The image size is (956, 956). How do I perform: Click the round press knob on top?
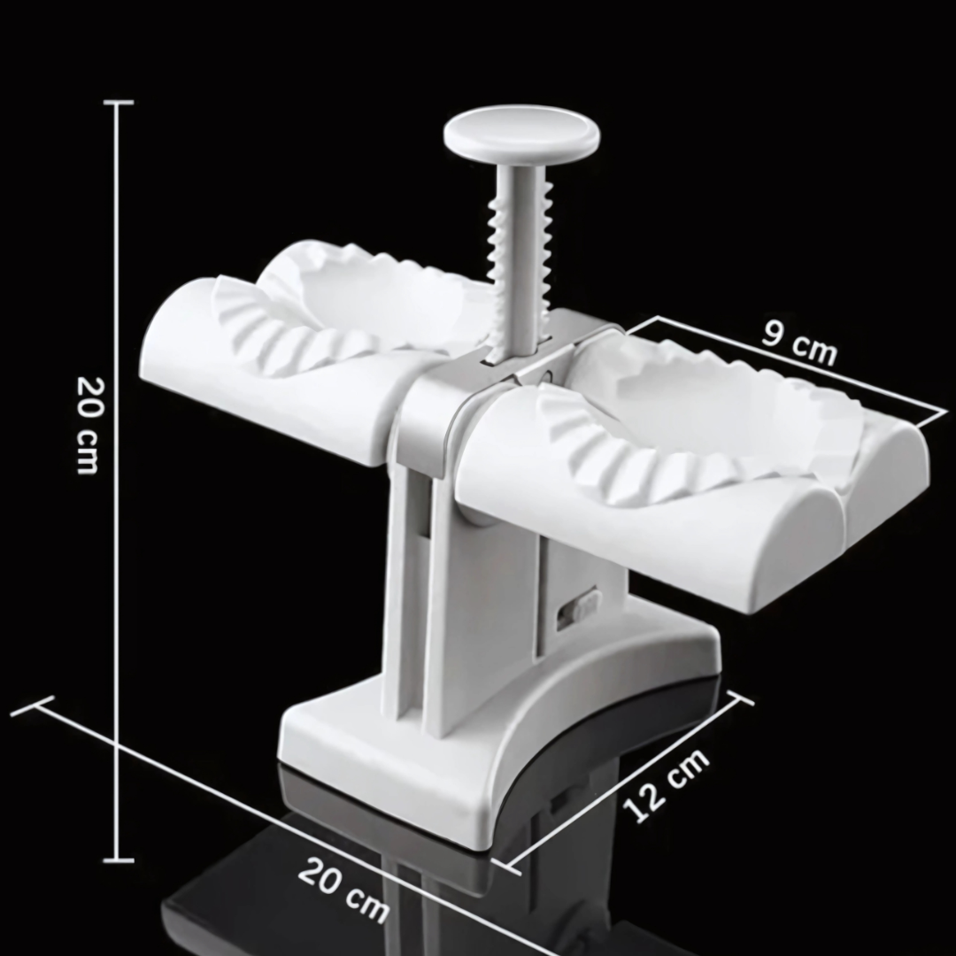[521, 135]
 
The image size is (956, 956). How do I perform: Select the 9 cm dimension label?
[800, 343]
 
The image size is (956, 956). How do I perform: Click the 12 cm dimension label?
[666, 784]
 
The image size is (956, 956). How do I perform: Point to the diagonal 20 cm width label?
[343, 890]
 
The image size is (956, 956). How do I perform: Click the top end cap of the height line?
[119, 103]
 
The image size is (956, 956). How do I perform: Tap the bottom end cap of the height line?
[119, 860]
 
